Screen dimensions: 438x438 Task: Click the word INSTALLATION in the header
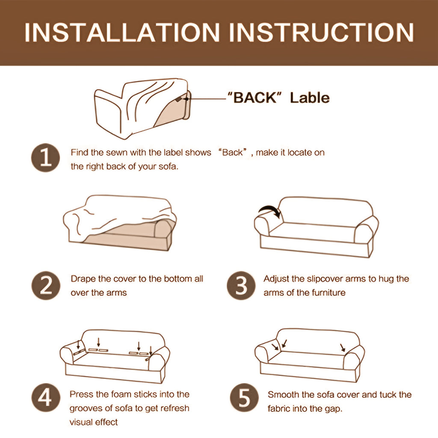122,33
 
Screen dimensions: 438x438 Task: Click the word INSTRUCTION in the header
321,33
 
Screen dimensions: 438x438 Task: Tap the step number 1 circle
45,158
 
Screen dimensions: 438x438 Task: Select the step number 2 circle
46,285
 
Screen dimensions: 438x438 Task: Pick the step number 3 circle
241,285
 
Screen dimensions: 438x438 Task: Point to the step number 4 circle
46,398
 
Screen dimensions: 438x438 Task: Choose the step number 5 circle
244,398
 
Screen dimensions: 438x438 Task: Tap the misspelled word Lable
310,98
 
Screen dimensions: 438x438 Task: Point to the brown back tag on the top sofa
178,99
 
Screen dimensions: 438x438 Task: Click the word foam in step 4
121,394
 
